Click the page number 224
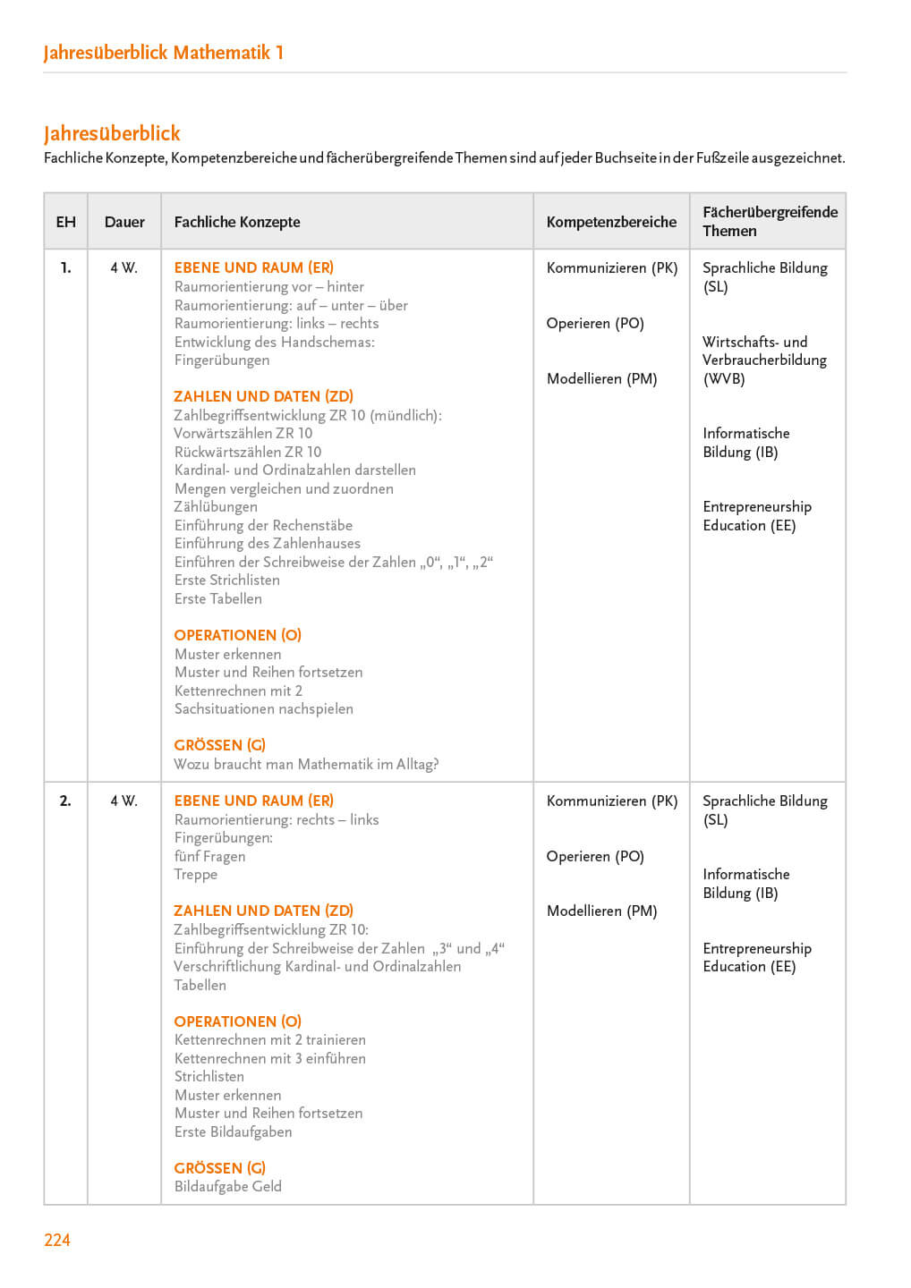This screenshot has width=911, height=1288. pos(57,1240)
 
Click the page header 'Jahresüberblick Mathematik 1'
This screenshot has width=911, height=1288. pos(164,52)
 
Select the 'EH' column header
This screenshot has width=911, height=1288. pos(66,222)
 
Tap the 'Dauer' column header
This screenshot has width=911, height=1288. pos(124,222)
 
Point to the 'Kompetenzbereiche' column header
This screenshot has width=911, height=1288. pos(611,222)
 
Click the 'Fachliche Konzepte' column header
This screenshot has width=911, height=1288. pos(237,222)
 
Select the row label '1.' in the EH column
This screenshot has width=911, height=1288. pos(65,267)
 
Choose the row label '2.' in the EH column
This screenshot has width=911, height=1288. pos(65,801)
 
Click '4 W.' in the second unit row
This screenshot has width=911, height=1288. pos(124,801)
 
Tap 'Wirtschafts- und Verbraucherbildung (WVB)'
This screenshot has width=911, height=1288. pos(764,360)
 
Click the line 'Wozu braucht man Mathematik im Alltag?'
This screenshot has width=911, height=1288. pos(306,764)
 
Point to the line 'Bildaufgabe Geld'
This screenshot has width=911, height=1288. pos(228,1186)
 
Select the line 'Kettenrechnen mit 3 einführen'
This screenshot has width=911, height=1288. pos(270,1058)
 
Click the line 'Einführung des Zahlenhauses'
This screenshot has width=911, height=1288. pos(268,543)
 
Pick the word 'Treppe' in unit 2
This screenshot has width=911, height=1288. pos(196,874)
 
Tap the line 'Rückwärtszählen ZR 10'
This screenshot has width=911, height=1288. pos(248,452)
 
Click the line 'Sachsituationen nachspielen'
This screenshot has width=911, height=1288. pos(264,708)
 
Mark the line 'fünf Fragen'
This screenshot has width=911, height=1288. pos(210,856)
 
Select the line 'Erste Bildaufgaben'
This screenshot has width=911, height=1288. pos(234,1131)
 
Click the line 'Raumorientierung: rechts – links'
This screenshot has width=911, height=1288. pos(277,819)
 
